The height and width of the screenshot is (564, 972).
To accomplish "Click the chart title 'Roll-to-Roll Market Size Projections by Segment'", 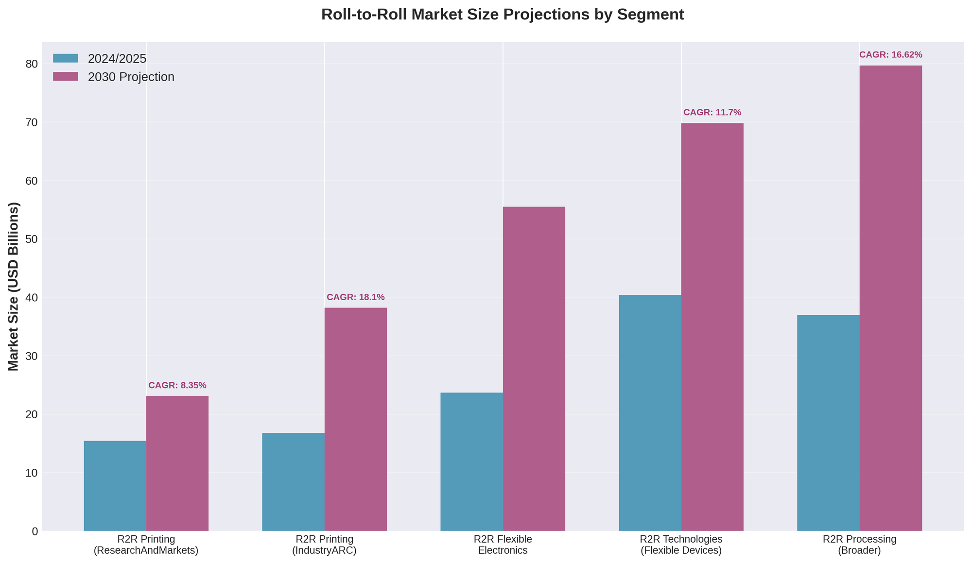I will coord(502,15).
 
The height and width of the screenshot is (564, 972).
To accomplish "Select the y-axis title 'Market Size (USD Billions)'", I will coord(14,287).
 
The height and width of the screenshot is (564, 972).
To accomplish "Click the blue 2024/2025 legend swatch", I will coord(66,58).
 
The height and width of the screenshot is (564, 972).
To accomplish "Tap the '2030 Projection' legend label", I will coord(131,77).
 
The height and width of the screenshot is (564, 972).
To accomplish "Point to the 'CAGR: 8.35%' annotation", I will coord(177,385).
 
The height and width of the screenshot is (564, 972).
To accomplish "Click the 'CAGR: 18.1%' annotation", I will coord(356,297).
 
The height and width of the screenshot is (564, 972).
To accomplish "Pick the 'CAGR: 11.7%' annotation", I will coord(712,113).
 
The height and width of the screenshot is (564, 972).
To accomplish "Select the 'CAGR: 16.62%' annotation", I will coord(890,55).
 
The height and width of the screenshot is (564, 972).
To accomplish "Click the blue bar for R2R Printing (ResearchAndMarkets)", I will coord(115,486).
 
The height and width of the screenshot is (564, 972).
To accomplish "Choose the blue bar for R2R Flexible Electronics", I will coord(471,461).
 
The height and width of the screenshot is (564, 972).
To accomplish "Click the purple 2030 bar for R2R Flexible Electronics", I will coord(534,369).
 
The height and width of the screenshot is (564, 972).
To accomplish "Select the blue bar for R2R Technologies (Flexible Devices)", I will coord(650,412).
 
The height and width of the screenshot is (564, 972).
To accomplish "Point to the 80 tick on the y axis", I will coord(32,64).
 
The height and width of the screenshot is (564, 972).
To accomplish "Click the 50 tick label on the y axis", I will coord(32,239).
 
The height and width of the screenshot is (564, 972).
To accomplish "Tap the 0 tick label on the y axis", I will coord(35,531).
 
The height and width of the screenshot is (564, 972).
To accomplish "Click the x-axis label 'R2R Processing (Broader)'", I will coord(859,545).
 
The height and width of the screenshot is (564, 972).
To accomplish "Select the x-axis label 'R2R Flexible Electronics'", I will coord(503,545).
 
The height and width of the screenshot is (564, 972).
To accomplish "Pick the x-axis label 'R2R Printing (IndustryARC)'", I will coord(324,545).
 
